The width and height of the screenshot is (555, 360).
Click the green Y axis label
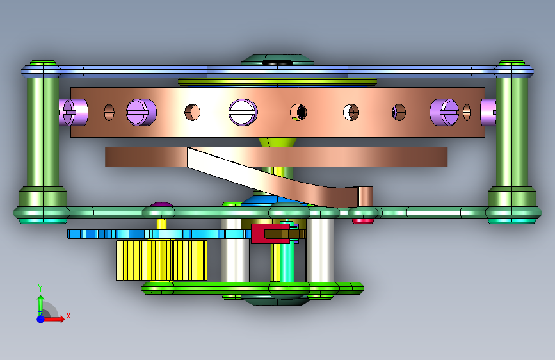point(40,288)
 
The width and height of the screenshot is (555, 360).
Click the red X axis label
point(68,316)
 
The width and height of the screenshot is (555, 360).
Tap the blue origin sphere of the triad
point(41,319)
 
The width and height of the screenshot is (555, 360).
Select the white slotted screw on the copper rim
point(243,112)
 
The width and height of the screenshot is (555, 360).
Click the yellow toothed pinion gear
point(162,260)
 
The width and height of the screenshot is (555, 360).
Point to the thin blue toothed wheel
point(159,234)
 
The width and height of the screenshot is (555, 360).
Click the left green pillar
point(43,142)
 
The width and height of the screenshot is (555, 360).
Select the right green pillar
point(512,142)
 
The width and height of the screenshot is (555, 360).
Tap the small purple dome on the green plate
point(161,204)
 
